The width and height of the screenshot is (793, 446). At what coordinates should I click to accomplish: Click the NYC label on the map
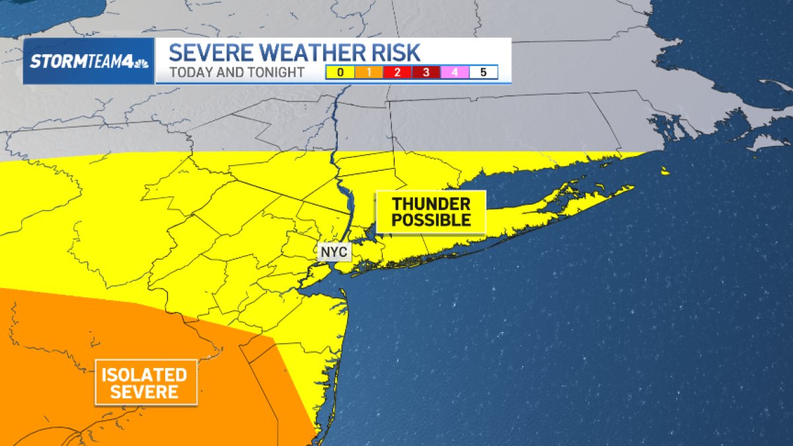333,252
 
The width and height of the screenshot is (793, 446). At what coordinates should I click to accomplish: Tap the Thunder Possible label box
431,212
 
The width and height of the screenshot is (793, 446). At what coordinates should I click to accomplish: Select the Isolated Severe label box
147,383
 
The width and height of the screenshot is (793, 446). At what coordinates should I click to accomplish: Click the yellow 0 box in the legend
340,73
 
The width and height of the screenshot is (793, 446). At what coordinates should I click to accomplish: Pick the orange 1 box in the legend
369,73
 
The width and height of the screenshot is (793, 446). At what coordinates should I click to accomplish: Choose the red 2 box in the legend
397,73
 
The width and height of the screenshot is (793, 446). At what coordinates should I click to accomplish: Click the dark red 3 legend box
426,73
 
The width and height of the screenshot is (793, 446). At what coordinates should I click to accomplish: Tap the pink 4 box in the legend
455,73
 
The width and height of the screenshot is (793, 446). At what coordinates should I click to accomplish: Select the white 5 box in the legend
483,73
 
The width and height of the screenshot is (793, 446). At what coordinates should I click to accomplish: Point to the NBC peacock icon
140,62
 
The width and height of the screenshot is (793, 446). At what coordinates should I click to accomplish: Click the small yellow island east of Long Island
663,172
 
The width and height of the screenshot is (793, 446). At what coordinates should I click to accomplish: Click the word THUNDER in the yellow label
431,204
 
